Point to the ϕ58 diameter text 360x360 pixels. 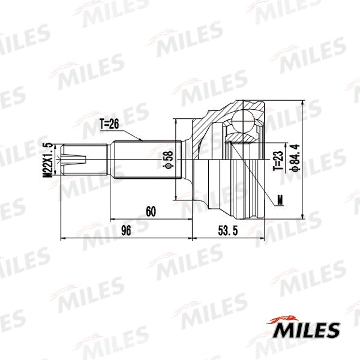169,160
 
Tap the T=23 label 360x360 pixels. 277,160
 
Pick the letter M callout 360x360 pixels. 280,200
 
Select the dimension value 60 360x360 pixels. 151,211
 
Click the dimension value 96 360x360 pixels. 126,230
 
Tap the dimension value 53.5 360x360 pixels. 227,230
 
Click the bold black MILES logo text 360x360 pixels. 307,330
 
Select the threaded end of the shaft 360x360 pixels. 75,160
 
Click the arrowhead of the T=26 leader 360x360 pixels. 142,140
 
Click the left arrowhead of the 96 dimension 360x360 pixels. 63,239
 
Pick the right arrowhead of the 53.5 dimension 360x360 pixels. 262,239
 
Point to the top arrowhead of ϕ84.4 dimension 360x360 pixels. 300,104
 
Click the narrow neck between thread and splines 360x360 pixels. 102,160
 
